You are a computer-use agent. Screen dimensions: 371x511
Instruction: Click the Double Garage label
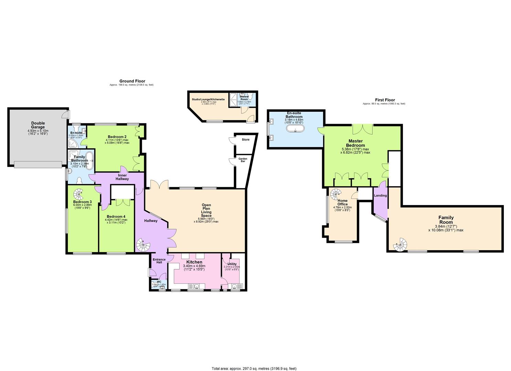pos(38,125)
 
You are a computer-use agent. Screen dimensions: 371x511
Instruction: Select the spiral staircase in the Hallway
pos(143,245)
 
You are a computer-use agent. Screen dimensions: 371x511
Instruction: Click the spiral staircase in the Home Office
pos(336,194)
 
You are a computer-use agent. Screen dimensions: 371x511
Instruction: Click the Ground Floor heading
pos(132,81)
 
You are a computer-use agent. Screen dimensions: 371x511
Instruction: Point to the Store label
pos(245,139)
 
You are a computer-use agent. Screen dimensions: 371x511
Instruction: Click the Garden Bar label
pos(243,160)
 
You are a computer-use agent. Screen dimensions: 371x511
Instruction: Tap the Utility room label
pos(232,264)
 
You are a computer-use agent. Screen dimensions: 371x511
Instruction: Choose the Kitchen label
pos(194,262)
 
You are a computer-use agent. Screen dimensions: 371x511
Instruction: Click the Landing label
pos(380,195)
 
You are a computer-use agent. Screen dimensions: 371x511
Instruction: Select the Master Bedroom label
pos(355,143)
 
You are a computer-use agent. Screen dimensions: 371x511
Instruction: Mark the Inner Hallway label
pos(122,177)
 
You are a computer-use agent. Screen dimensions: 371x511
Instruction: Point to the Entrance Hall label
pos(159,261)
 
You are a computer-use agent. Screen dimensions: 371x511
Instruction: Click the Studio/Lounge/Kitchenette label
pos(208,99)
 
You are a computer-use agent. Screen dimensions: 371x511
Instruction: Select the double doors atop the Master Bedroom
pos(362,130)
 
